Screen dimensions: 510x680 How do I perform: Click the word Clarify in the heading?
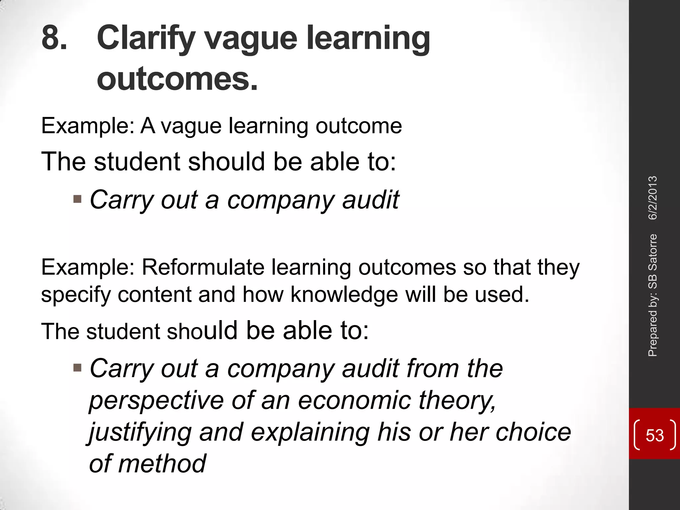(146, 39)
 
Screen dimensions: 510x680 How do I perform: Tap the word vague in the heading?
(250, 39)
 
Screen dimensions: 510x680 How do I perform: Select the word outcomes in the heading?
(177, 79)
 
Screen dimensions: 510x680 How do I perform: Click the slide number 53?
(654, 435)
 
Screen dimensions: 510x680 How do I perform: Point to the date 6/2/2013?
(652, 198)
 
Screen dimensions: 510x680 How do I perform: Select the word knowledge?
(344, 295)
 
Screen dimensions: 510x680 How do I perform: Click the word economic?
(354, 400)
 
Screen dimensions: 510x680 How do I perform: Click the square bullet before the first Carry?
(77, 199)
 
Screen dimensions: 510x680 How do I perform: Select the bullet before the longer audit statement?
(77, 368)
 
